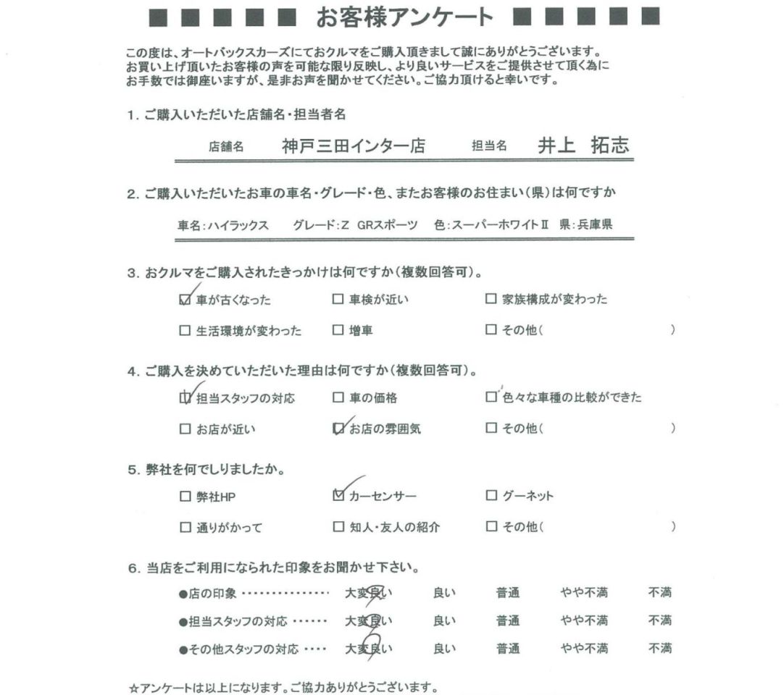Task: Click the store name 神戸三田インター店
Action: coord(354,146)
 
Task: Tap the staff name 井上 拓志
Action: coord(583,145)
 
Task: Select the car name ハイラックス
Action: coord(238,225)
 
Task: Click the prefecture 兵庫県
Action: coord(593,225)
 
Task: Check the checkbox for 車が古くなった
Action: coord(184,300)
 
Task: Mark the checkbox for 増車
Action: coord(338,331)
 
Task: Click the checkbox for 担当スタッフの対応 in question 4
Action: coord(184,398)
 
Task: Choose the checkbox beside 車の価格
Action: coord(338,398)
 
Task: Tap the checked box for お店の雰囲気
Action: coord(338,429)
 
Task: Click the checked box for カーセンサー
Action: coord(338,496)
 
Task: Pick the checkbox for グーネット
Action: coord(491,496)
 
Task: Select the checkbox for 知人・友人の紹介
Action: coord(338,527)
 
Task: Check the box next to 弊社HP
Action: coord(184,496)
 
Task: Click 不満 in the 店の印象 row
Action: coord(660,594)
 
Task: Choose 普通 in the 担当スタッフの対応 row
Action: coord(508,621)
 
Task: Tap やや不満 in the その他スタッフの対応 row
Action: coord(584,649)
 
